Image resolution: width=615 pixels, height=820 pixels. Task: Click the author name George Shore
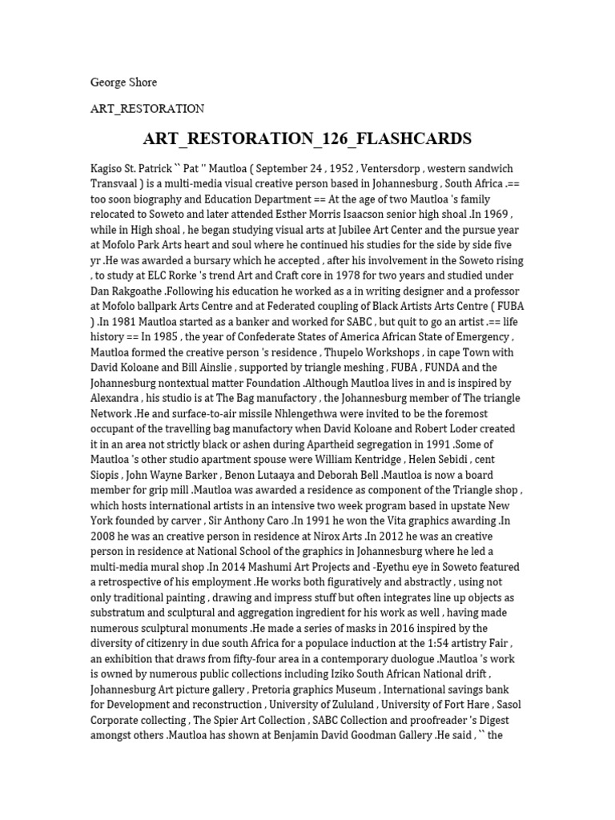point(123,82)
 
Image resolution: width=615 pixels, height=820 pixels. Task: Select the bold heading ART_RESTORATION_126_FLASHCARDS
point(307,139)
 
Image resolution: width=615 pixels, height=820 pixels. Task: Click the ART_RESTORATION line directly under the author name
point(148,108)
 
